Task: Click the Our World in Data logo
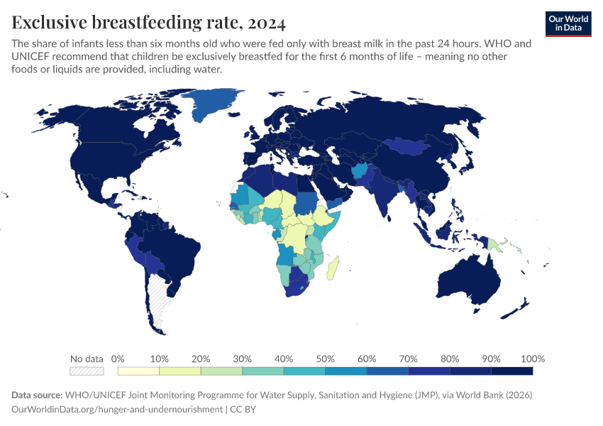(568, 23)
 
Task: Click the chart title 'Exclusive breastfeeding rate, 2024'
(149, 23)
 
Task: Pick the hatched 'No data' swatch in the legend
(87, 371)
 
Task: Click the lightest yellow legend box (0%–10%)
(139, 371)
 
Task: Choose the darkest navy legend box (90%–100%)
(511, 371)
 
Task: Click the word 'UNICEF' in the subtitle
(32, 57)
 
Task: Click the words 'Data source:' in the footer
(37, 395)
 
